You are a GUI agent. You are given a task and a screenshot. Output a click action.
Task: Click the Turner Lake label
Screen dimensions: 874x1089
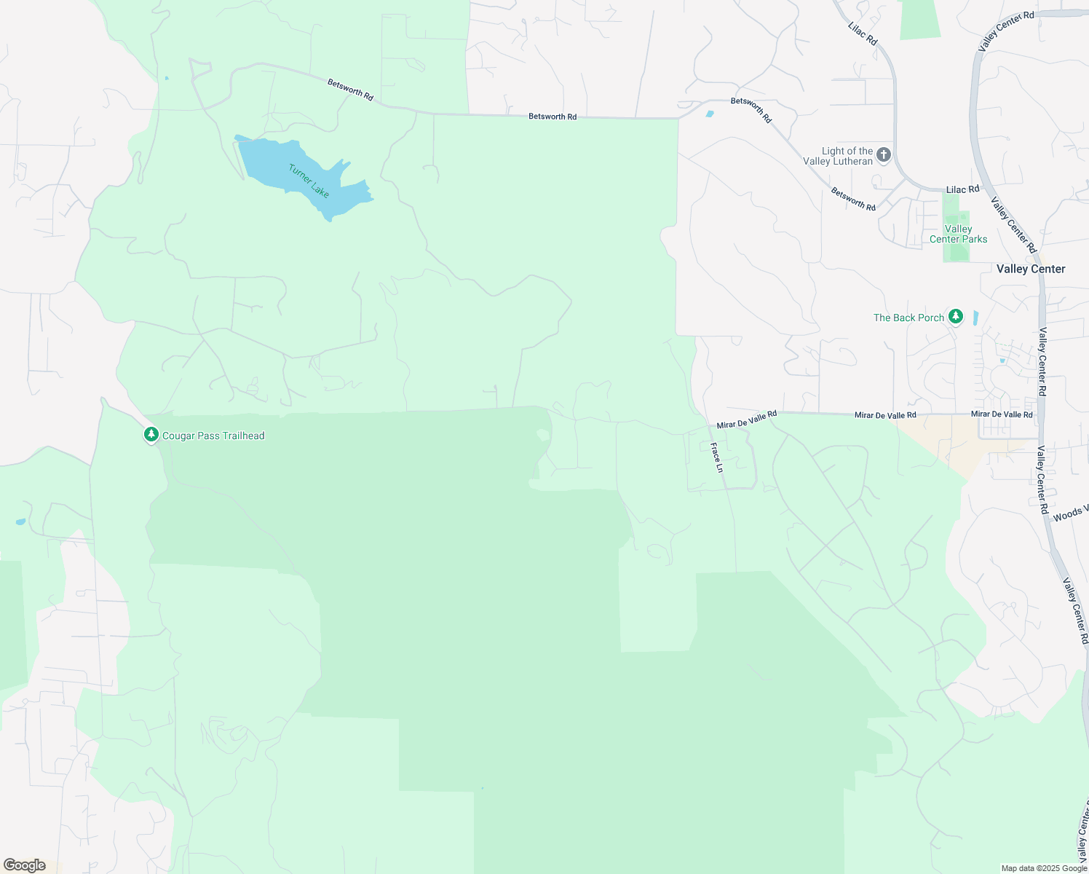tap(309, 181)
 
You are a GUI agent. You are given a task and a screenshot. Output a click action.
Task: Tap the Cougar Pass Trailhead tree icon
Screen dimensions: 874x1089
tap(151, 435)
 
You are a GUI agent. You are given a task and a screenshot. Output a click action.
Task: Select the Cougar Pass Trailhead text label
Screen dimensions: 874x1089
tap(213, 436)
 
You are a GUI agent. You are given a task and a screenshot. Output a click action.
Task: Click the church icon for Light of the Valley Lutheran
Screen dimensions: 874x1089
tap(884, 154)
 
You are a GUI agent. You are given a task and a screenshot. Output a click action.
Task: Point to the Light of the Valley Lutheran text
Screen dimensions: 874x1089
tap(839, 156)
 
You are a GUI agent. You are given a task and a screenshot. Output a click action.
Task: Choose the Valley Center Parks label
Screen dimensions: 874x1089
tap(958, 234)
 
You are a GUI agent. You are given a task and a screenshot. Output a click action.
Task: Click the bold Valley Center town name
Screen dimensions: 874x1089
tap(1030, 269)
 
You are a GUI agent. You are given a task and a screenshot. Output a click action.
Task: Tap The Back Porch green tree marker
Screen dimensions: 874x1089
tap(956, 317)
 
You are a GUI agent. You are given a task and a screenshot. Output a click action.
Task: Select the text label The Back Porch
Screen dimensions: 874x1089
tap(908, 318)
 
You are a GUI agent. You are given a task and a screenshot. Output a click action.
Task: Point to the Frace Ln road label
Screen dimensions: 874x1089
tap(717, 457)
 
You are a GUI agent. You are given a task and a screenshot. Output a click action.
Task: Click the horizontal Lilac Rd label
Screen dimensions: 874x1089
tap(962, 189)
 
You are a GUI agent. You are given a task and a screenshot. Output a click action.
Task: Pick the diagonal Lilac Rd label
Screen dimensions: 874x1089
tap(863, 34)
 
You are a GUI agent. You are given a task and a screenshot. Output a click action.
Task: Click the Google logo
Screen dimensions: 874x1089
tap(24, 865)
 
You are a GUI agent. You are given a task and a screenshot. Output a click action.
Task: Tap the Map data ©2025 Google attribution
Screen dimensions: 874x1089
tap(1044, 868)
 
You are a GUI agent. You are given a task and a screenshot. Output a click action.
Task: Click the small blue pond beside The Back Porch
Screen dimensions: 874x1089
tap(975, 318)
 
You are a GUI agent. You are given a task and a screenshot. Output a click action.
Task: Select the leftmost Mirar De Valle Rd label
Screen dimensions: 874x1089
tap(746, 420)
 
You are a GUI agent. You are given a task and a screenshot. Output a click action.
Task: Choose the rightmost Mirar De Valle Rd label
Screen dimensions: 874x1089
tap(1002, 414)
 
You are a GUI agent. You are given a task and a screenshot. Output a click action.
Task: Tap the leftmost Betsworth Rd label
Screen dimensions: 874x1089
tap(350, 90)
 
